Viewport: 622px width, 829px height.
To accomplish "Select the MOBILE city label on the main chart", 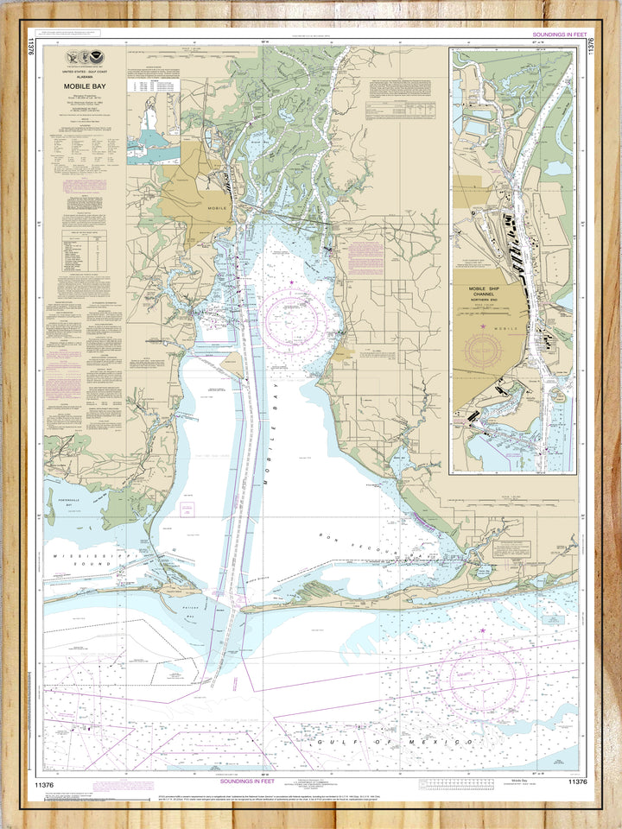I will pos(215,208).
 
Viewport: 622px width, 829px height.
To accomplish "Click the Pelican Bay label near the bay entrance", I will pos(192,617).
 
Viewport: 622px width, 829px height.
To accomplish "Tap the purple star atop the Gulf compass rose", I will pos(481,632).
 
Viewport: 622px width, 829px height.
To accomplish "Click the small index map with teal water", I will pos(154,129).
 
